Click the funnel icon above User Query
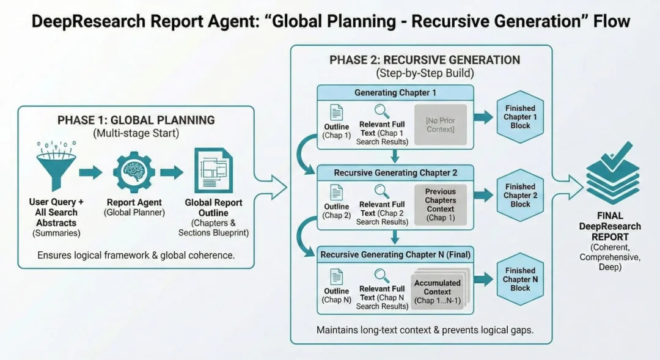click(x=57, y=167)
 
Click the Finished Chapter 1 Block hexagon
click(x=521, y=117)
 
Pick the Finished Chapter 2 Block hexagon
click(x=521, y=195)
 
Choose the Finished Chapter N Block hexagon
click(x=521, y=279)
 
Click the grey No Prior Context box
click(x=440, y=125)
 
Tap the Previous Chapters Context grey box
click(x=440, y=204)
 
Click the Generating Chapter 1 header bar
click(x=395, y=93)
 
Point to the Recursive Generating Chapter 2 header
click(x=395, y=173)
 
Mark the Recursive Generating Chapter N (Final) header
click(x=395, y=254)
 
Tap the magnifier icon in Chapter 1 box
click(x=383, y=111)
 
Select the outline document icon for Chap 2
click(x=336, y=192)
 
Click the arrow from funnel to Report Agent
click(x=90, y=172)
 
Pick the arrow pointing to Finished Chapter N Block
click(x=483, y=279)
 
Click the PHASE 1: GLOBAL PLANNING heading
click(x=136, y=120)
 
